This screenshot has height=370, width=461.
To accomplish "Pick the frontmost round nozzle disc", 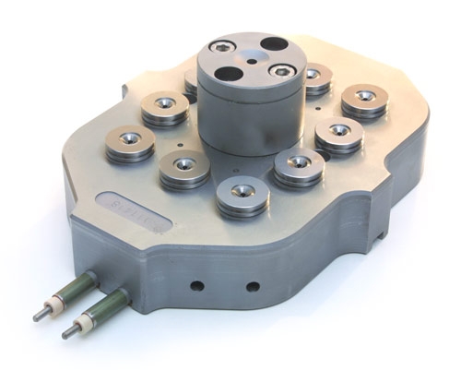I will [242, 193].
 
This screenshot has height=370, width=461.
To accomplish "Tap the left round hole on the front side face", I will [196, 285].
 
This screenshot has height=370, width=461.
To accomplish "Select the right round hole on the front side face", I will [252, 286].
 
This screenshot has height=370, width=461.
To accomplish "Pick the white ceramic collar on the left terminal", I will [58, 302].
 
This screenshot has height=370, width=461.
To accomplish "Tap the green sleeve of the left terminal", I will [77, 286].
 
